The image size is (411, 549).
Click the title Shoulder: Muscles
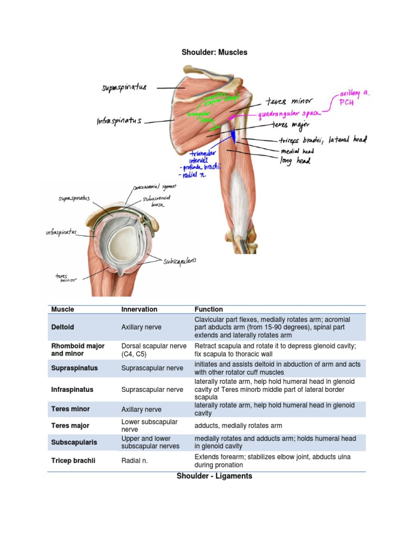point(214,53)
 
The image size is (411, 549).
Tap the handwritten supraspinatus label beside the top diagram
point(124,87)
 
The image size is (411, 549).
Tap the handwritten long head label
point(295,160)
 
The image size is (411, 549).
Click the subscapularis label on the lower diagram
point(179,261)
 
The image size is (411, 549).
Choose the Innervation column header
point(139,309)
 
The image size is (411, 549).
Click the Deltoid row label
point(63,327)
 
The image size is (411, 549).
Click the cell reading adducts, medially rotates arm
point(238,426)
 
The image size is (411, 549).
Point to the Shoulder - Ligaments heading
point(214,476)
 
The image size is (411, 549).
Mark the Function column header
point(209,309)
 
